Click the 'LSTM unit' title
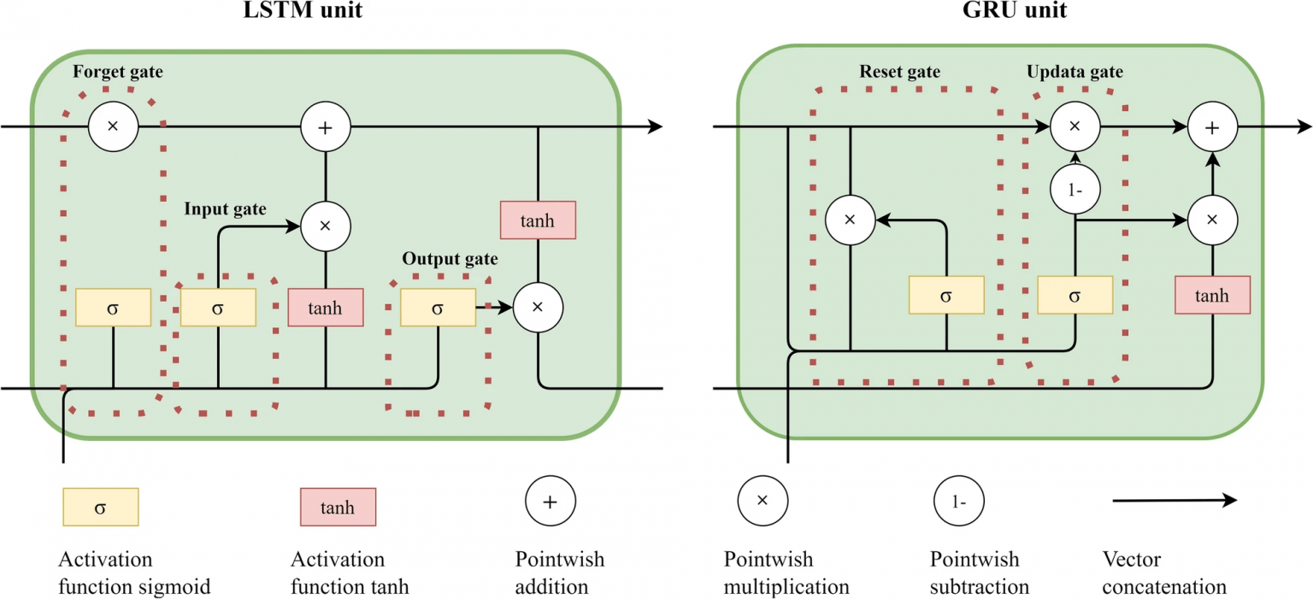point(303,9)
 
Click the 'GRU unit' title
point(1015,9)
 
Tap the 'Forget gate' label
point(118,72)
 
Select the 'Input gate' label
point(225,208)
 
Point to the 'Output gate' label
point(450,258)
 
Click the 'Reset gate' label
point(900,72)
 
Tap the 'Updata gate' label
point(1075,72)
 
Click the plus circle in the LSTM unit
point(326,126)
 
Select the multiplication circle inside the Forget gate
point(113,126)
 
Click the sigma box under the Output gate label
point(438,307)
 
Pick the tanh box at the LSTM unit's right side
point(538,220)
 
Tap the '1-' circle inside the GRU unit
point(1075,190)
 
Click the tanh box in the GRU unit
point(1212,295)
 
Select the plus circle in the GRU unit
point(1212,126)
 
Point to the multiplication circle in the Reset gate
point(850,220)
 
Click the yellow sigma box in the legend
point(101,507)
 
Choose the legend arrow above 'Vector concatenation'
point(1175,501)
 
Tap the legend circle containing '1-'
point(959,501)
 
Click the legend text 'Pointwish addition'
point(559,573)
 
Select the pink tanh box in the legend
point(339,507)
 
